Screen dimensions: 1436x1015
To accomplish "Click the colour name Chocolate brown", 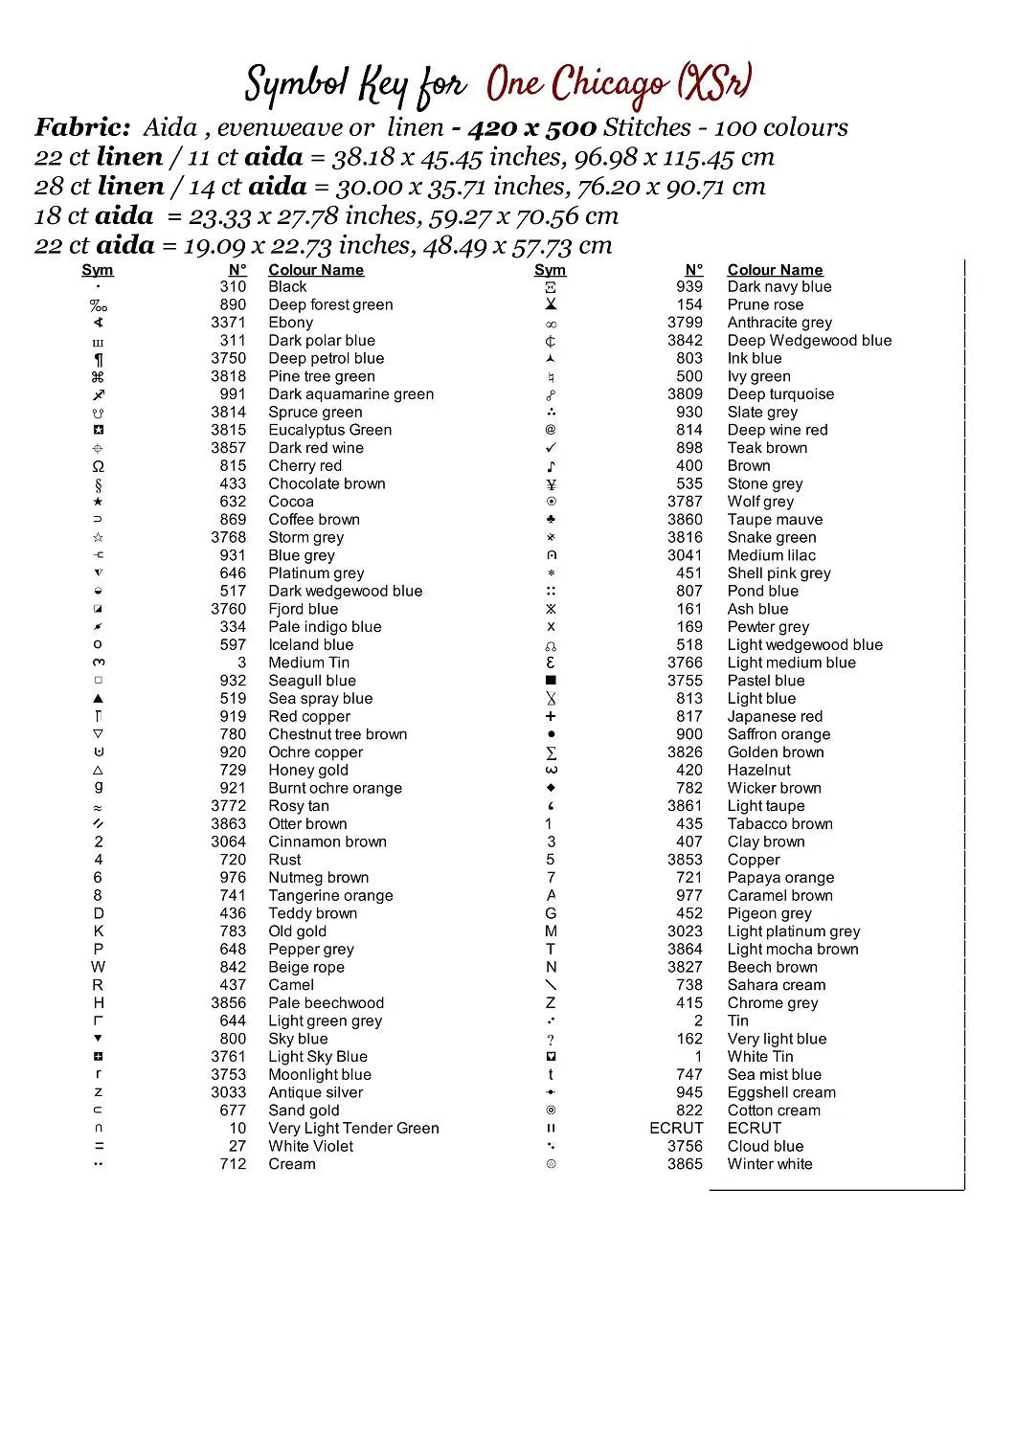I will click(327, 483).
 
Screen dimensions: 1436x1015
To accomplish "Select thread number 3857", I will click(229, 448).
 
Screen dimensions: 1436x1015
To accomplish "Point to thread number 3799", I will click(685, 323).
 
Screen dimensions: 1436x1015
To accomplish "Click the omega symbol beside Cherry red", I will click(98, 466).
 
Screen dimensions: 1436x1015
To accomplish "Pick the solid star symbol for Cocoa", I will click(98, 502).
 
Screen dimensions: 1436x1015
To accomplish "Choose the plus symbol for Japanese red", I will click(551, 716).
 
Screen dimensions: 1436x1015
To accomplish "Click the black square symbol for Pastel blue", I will click(551, 681).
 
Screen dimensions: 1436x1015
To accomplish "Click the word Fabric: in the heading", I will click(83, 127).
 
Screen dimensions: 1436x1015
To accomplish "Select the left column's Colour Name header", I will click(316, 270).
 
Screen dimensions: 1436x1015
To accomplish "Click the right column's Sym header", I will click(550, 270).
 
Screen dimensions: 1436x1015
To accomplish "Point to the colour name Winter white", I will click(770, 1164).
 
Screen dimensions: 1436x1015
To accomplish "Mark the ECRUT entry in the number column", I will click(676, 1128).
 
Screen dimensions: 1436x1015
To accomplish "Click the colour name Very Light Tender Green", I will click(353, 1128).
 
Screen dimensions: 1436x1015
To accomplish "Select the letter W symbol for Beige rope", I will click(98, 967).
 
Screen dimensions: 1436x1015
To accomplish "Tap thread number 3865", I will click(685, 1164).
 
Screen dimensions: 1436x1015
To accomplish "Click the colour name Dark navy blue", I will click(779, 286).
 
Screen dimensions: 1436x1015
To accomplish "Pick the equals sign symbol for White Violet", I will click(99, 1146).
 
